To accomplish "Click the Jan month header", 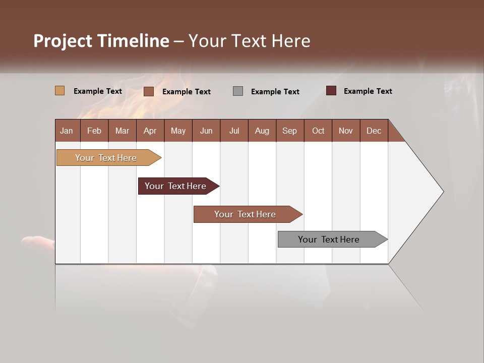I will pyautogui.click(x=67, y=131).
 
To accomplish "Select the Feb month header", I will pyautogui.click(x=94, y=131).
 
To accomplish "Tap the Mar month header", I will pyautogui.click(x=122, y=131).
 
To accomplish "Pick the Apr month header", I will pyautogui.click(x=150, y=131).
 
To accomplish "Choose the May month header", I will pyautogui.click(x=178, y=131).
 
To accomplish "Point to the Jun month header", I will pyautogui.click(x=206, y=131).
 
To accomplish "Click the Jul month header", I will pyautogui.click(x=234, y=131).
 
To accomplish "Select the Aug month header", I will pyautogui.click(x=262, y=131).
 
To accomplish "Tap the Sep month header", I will pyautogui.click(x=289, y=131).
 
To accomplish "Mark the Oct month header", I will pyautogui.click(x=318, y=131).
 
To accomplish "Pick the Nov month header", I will pyautogui.click(x=346, y=131).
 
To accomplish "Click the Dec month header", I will pyautogui.click(x=374, y=131).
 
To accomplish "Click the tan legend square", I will pyautogui.click(x=60, y=91).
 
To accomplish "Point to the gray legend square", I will pyautogui.click(x=238, y=91).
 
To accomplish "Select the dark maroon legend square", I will pyautogui.click(x=331, y=91).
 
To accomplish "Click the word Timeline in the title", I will pyautogui.click(x=134, y=41).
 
